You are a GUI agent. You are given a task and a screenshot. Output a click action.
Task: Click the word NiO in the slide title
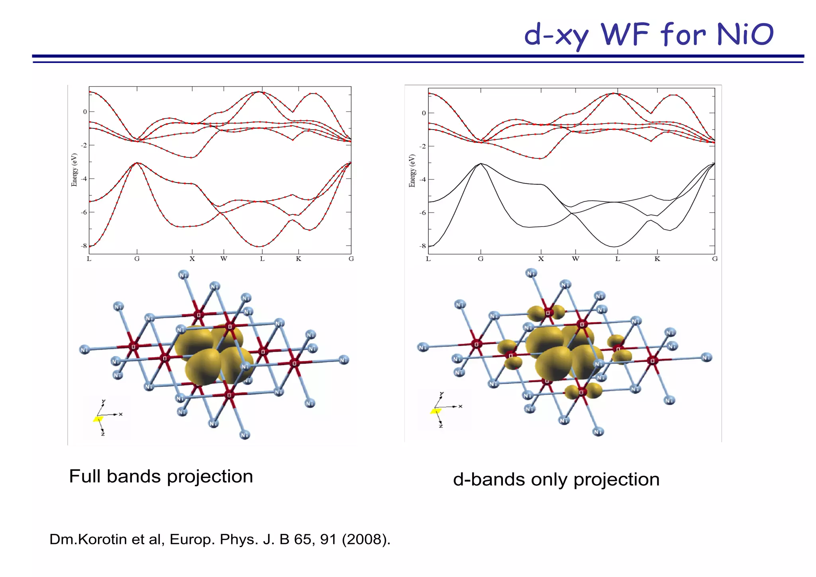click(x=745, y=34)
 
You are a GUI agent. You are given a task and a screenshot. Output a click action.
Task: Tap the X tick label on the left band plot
click(x=192, y=259)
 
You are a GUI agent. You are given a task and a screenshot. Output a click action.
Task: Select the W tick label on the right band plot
click(x=575, y=259)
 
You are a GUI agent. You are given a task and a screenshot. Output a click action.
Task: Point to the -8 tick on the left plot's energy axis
click(x=84, y=246)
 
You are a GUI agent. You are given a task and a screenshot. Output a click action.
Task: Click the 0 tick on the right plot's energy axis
click(x=424, y=113)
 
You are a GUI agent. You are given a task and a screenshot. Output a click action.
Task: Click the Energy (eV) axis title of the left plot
click(x=74, y=170)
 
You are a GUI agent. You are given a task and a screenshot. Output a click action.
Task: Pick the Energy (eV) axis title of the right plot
click(x=412, y=171)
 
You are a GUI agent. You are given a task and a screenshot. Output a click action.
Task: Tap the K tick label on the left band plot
click(x=298, y=259)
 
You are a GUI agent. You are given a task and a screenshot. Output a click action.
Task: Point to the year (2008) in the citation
click(x=366, y=539)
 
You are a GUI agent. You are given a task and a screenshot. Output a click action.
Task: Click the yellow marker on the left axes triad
click(x=98, y=419)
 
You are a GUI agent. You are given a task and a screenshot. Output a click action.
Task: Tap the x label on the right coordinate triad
click(x=460, y=406)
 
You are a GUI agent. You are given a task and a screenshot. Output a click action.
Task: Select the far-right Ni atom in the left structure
click(x=344, y=360)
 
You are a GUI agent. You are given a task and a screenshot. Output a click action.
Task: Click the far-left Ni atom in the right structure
click(x=423, y=347)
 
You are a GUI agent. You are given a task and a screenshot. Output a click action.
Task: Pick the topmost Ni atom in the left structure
click(x=183, y=275)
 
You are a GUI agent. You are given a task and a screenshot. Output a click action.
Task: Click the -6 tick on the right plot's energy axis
click(x=422, y=213)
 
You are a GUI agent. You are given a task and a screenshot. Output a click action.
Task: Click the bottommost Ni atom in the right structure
click(x=598, y=431)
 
